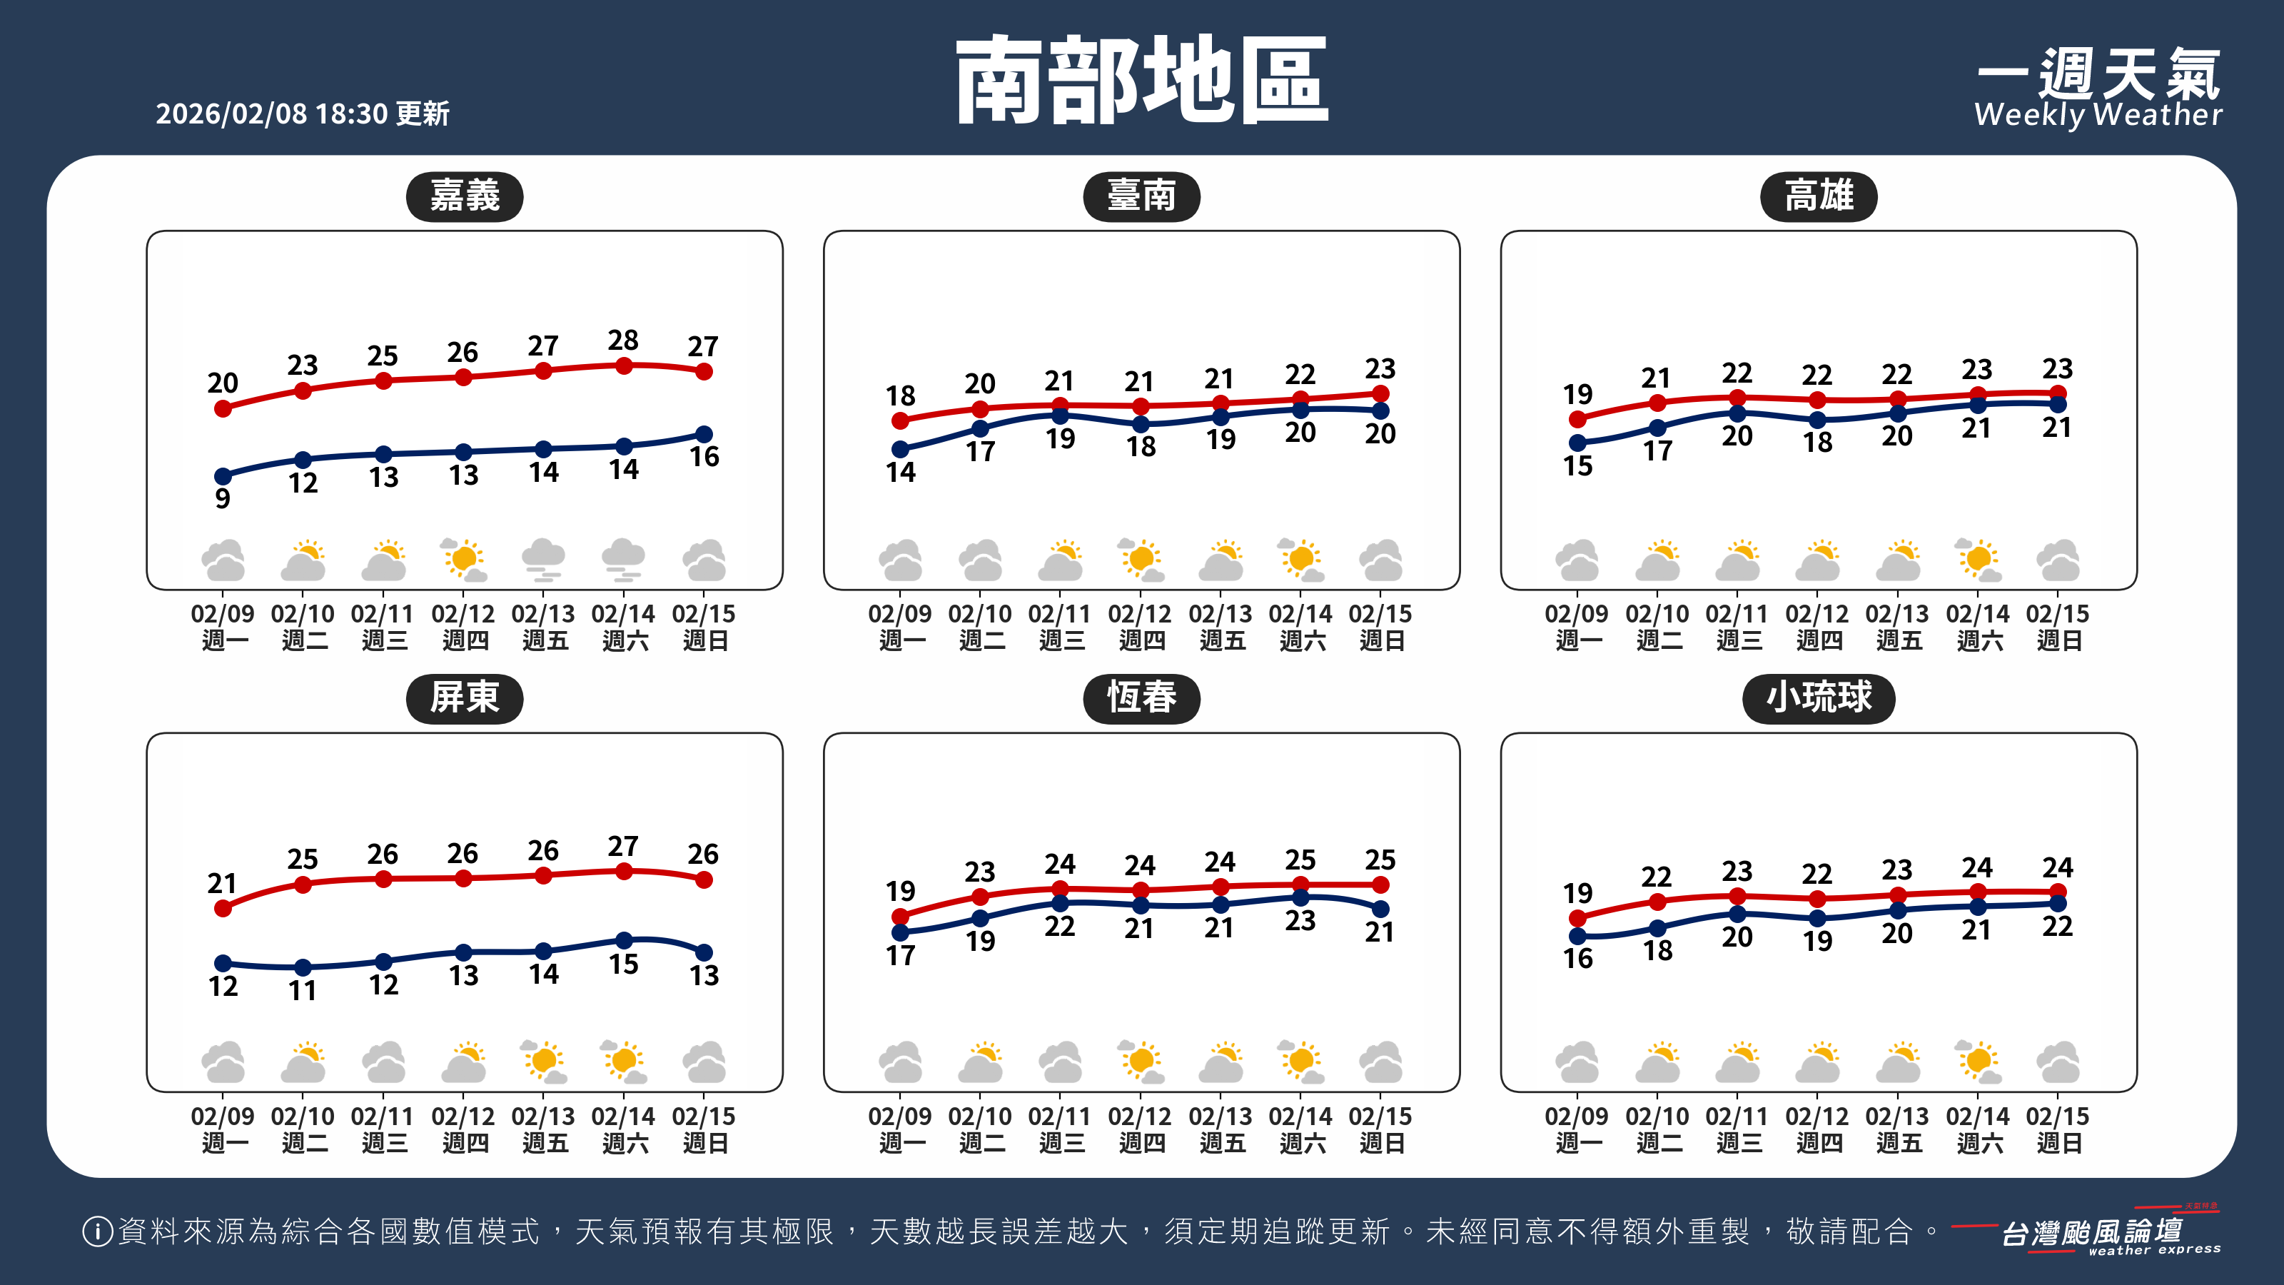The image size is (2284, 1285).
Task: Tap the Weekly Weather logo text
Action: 2098,114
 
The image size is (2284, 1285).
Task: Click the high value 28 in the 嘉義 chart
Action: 623,340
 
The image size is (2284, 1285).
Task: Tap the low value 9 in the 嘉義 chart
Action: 223,498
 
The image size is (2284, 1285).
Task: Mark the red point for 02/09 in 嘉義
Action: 223,409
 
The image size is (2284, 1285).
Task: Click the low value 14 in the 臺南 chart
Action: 900,472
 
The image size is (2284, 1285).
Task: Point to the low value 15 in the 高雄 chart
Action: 1577,465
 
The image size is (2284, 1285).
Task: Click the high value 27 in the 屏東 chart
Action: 623,846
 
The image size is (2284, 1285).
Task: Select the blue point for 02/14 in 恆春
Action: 1300,897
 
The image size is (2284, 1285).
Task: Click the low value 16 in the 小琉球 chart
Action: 1577,959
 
